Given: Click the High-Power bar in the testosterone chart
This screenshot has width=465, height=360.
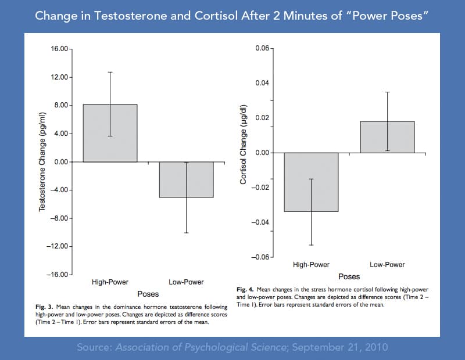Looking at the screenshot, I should [x=110, y=133].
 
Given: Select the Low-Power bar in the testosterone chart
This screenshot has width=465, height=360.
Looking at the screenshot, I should [x=186, y=179].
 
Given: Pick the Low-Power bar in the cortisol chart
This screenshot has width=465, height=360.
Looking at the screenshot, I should [x=387, y=137].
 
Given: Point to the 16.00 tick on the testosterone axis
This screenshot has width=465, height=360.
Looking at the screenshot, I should [x=60, y=49].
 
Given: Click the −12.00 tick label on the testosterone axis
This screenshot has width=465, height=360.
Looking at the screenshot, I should [x=59, y=246].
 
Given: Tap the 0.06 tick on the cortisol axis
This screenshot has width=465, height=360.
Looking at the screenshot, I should [x=262, y=48].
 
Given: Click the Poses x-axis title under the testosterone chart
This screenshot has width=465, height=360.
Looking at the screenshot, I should [x=148, y=294].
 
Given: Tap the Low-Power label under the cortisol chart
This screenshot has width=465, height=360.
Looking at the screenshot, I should [x=387, y=265].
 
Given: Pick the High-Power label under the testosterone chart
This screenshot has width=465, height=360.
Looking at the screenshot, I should [x=110, y=282].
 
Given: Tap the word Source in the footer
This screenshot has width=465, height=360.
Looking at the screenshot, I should [x=95, y=347].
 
